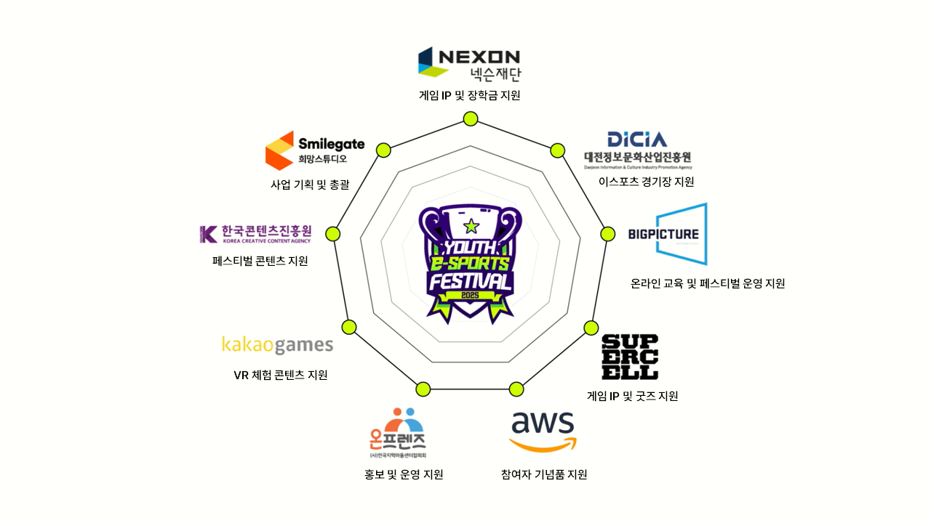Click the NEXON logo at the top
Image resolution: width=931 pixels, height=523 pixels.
pyautogui.click(x=469, y=63)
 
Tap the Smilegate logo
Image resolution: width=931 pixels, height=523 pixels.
pyautogui.click(x=315, y=150)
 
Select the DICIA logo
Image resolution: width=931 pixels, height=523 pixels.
pyautogui.click(x=637, y=150)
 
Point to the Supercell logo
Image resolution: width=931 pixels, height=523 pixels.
pyautogui.click(x=630, y=357)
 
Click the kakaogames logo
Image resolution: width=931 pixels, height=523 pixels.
pyautogui.click(x=277, y=344)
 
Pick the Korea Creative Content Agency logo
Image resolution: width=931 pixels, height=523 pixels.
pyautogui.click(x=255, y=234)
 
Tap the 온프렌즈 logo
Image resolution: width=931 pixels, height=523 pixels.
pyautogui.click(x=398, y=434)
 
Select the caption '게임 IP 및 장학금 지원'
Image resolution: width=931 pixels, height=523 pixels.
pyautogui.click(x=470, y=95)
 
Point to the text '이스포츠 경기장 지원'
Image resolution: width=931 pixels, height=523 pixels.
pyautogui.click(x=646, y=182)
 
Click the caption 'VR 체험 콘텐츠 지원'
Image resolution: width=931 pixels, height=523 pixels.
pyautogui.click(x=281, y=376)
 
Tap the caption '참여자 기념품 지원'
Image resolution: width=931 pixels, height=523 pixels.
pyautogui.click(x=544, y=475)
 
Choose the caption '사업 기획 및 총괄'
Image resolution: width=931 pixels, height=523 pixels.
pyautogui.click(x=310, y=185)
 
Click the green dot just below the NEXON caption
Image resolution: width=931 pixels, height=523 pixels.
pyautogui.click(x=471, y=119)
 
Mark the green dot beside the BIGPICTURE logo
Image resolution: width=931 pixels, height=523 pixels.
pyautogui.click(x=607, y=234)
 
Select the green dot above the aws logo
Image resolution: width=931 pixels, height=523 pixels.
pyautogui.click(x=516, y=389)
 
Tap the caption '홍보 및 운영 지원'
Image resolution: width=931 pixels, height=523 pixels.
pyautogui.click(x=404, y=475)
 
